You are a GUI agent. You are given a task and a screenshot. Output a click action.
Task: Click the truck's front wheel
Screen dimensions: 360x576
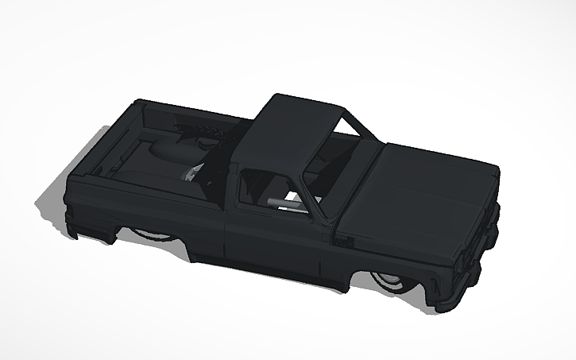coord(387,282)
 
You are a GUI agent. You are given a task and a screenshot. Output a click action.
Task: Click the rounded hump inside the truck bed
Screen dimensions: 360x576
coord(167,151)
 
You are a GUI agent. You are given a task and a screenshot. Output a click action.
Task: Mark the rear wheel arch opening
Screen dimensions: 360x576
coord(151,230)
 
